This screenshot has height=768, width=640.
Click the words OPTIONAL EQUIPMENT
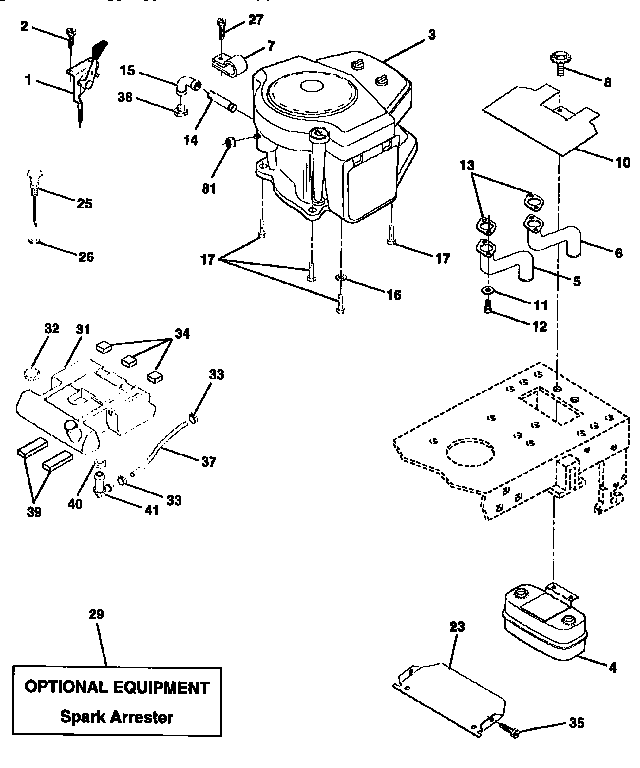point(117,688)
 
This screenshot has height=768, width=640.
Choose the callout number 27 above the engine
point(256,19)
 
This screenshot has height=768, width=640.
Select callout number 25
point(83,202)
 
